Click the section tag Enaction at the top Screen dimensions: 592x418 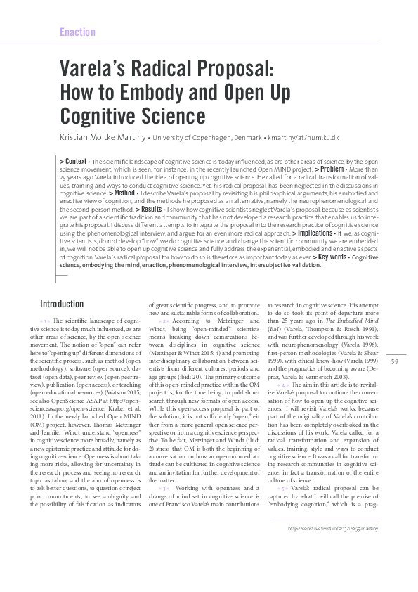tap(77, 32)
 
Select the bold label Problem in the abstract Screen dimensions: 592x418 tap(331, 169)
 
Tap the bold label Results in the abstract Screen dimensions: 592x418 tap(150, 210)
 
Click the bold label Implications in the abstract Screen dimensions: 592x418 tap(315, 232)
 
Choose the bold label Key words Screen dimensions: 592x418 tap(332, 257)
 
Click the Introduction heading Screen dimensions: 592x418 tap(62, 304)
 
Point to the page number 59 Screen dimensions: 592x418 tap(395, 361)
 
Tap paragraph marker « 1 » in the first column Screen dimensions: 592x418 tap(47, 321)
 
